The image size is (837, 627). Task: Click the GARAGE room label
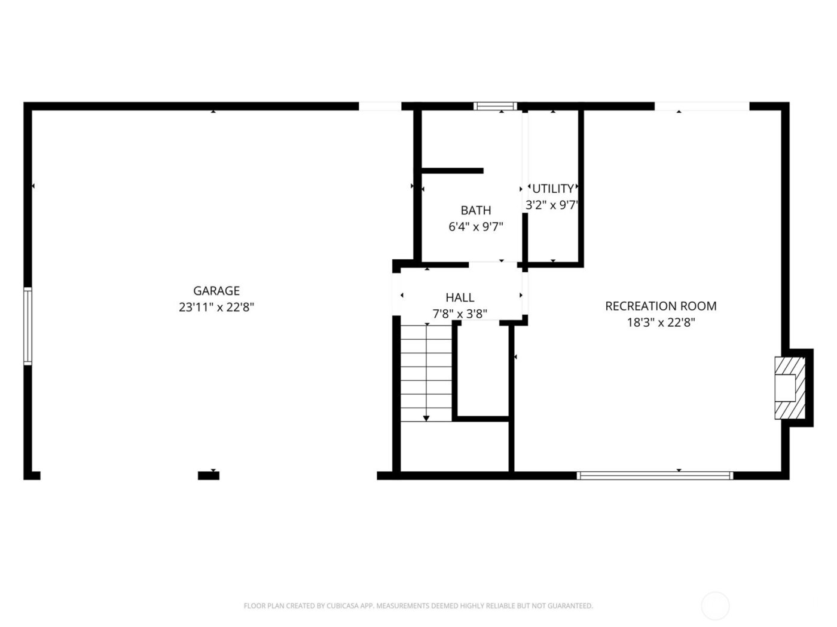(x=216, y=291)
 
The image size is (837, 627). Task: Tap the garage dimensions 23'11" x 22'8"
(x=216, y=308)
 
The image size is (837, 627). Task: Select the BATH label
(x=476, y=210)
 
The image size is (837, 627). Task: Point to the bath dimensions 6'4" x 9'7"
(x=476, y=227)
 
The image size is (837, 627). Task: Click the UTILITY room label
(x=553, y=189)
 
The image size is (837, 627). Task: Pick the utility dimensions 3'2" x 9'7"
(x=552, y=205)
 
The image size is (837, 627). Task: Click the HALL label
(x=460, y=297)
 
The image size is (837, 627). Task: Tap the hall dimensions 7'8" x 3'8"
(x=460, y=314)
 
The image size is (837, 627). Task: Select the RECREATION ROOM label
(x=661, y=306)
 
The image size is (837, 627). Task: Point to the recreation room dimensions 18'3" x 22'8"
(x=661, y=323)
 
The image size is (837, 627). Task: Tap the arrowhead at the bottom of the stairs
(x=426, y=419)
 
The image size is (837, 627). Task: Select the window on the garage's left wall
(x=28, y=326)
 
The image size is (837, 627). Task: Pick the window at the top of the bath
(x=495, y=106)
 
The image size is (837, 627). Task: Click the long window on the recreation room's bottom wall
(x=655, y=476)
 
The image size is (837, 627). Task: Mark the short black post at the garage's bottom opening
(x=209, y=476)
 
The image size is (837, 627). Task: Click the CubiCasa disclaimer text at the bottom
(x=418, y=606)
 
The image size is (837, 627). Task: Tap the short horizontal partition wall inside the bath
(x=453, y=171)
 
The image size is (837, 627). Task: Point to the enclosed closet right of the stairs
(x=483, y=369)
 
